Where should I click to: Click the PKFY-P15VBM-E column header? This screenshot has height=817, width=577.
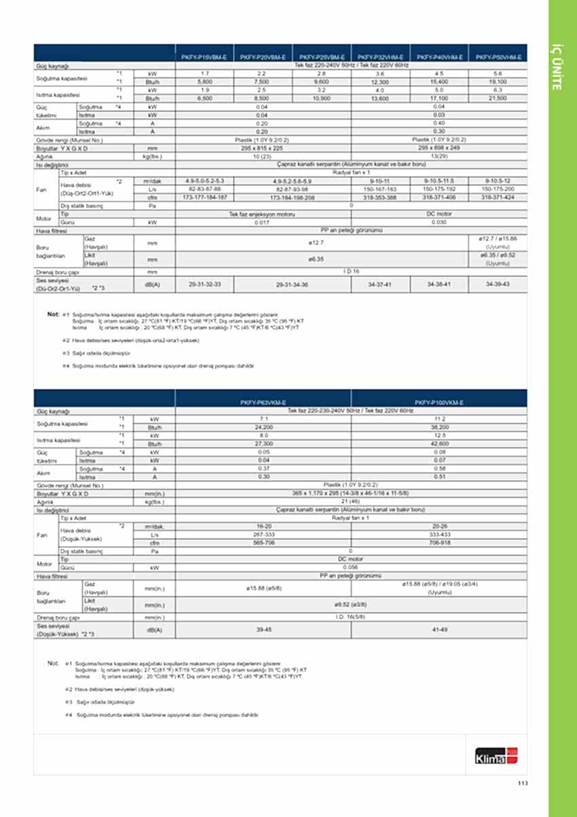point(204,58)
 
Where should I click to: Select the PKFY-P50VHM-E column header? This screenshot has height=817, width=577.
point(498,58)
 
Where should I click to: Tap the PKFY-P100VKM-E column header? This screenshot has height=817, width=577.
point(439,403)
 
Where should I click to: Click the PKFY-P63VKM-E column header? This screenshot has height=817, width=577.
point(263,403)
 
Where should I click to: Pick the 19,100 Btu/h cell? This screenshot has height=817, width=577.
point(498,81)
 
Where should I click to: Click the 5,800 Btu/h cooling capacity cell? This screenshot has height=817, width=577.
point(204,81)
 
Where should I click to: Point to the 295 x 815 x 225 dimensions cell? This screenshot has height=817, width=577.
point(263,147)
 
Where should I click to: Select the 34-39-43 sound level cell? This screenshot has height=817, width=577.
point(498,284)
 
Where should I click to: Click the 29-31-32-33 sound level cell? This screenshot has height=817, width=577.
point(204,284)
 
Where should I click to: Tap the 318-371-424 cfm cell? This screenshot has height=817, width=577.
point(498,197)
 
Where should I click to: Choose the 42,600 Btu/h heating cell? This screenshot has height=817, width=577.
point(439,444)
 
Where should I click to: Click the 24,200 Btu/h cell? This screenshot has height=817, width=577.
point(263,428)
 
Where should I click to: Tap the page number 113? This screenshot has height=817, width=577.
point(522,783)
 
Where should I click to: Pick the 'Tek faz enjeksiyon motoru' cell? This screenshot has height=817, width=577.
point(263,214)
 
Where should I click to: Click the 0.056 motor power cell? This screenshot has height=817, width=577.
point(351,567)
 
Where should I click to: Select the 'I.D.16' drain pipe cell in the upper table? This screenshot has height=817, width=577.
point(351,272)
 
